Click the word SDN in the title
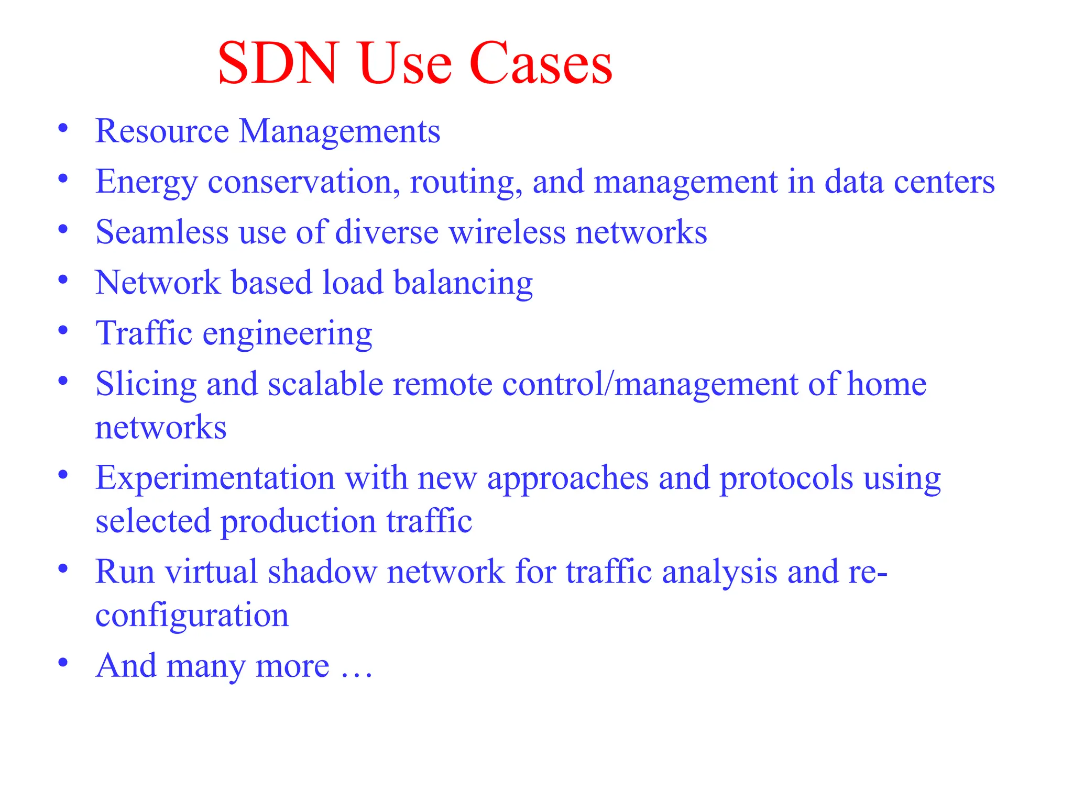[x=277, y=64]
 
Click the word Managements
[x=340, y=131]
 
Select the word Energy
[x=147, y=182]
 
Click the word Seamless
[x=162, y=232]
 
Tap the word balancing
[x=463, y=283]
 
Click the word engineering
[x=287, y=334]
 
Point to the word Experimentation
[x=215, y=478]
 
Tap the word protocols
[x=786, y=479]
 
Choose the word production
[x=298, y=522]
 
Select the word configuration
[x=192, y=615]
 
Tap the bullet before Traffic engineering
[x=63, y=331]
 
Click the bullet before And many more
[x=63, y=663]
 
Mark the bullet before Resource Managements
[x=63, y=128]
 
